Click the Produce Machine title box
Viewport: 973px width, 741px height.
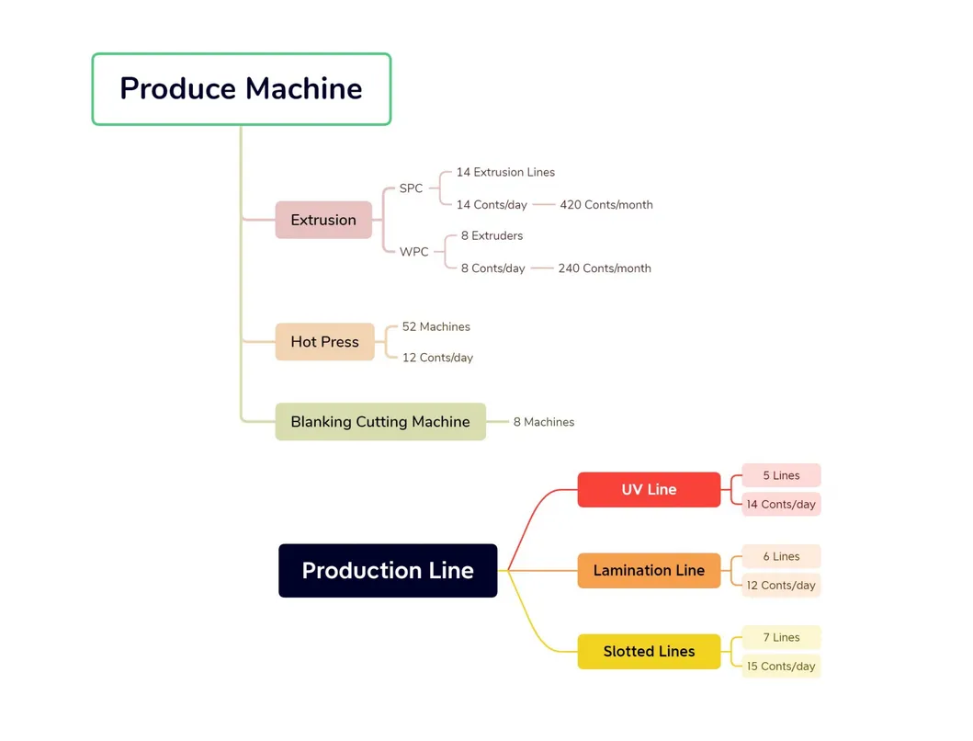(241, 89)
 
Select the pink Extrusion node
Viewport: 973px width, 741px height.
(323, 221)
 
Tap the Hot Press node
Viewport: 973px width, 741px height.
(324, 342)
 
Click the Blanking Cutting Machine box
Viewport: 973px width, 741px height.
(380, 422)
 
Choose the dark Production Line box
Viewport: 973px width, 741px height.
(388, 571)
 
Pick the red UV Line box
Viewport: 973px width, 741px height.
(649, 490)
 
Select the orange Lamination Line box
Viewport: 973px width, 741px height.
(649, 571)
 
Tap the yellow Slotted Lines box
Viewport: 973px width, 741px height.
(649, 652)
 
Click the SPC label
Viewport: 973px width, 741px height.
(411, 188)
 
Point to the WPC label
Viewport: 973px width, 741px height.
(413, 252)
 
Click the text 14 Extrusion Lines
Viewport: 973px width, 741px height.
(505, 172)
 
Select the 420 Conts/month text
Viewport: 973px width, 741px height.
(606, 205)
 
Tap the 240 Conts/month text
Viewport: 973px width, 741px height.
(605, 268)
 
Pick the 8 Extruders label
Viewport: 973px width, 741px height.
(492, 236)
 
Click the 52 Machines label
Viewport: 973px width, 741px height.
(436, 327)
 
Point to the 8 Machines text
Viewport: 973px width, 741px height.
(544, 422)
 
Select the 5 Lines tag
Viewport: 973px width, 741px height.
(781, 476)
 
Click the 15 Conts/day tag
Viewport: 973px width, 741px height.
(781, 667)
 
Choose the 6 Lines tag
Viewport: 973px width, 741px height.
(781, 557)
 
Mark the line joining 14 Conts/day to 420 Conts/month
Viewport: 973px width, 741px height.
(544, 205)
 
